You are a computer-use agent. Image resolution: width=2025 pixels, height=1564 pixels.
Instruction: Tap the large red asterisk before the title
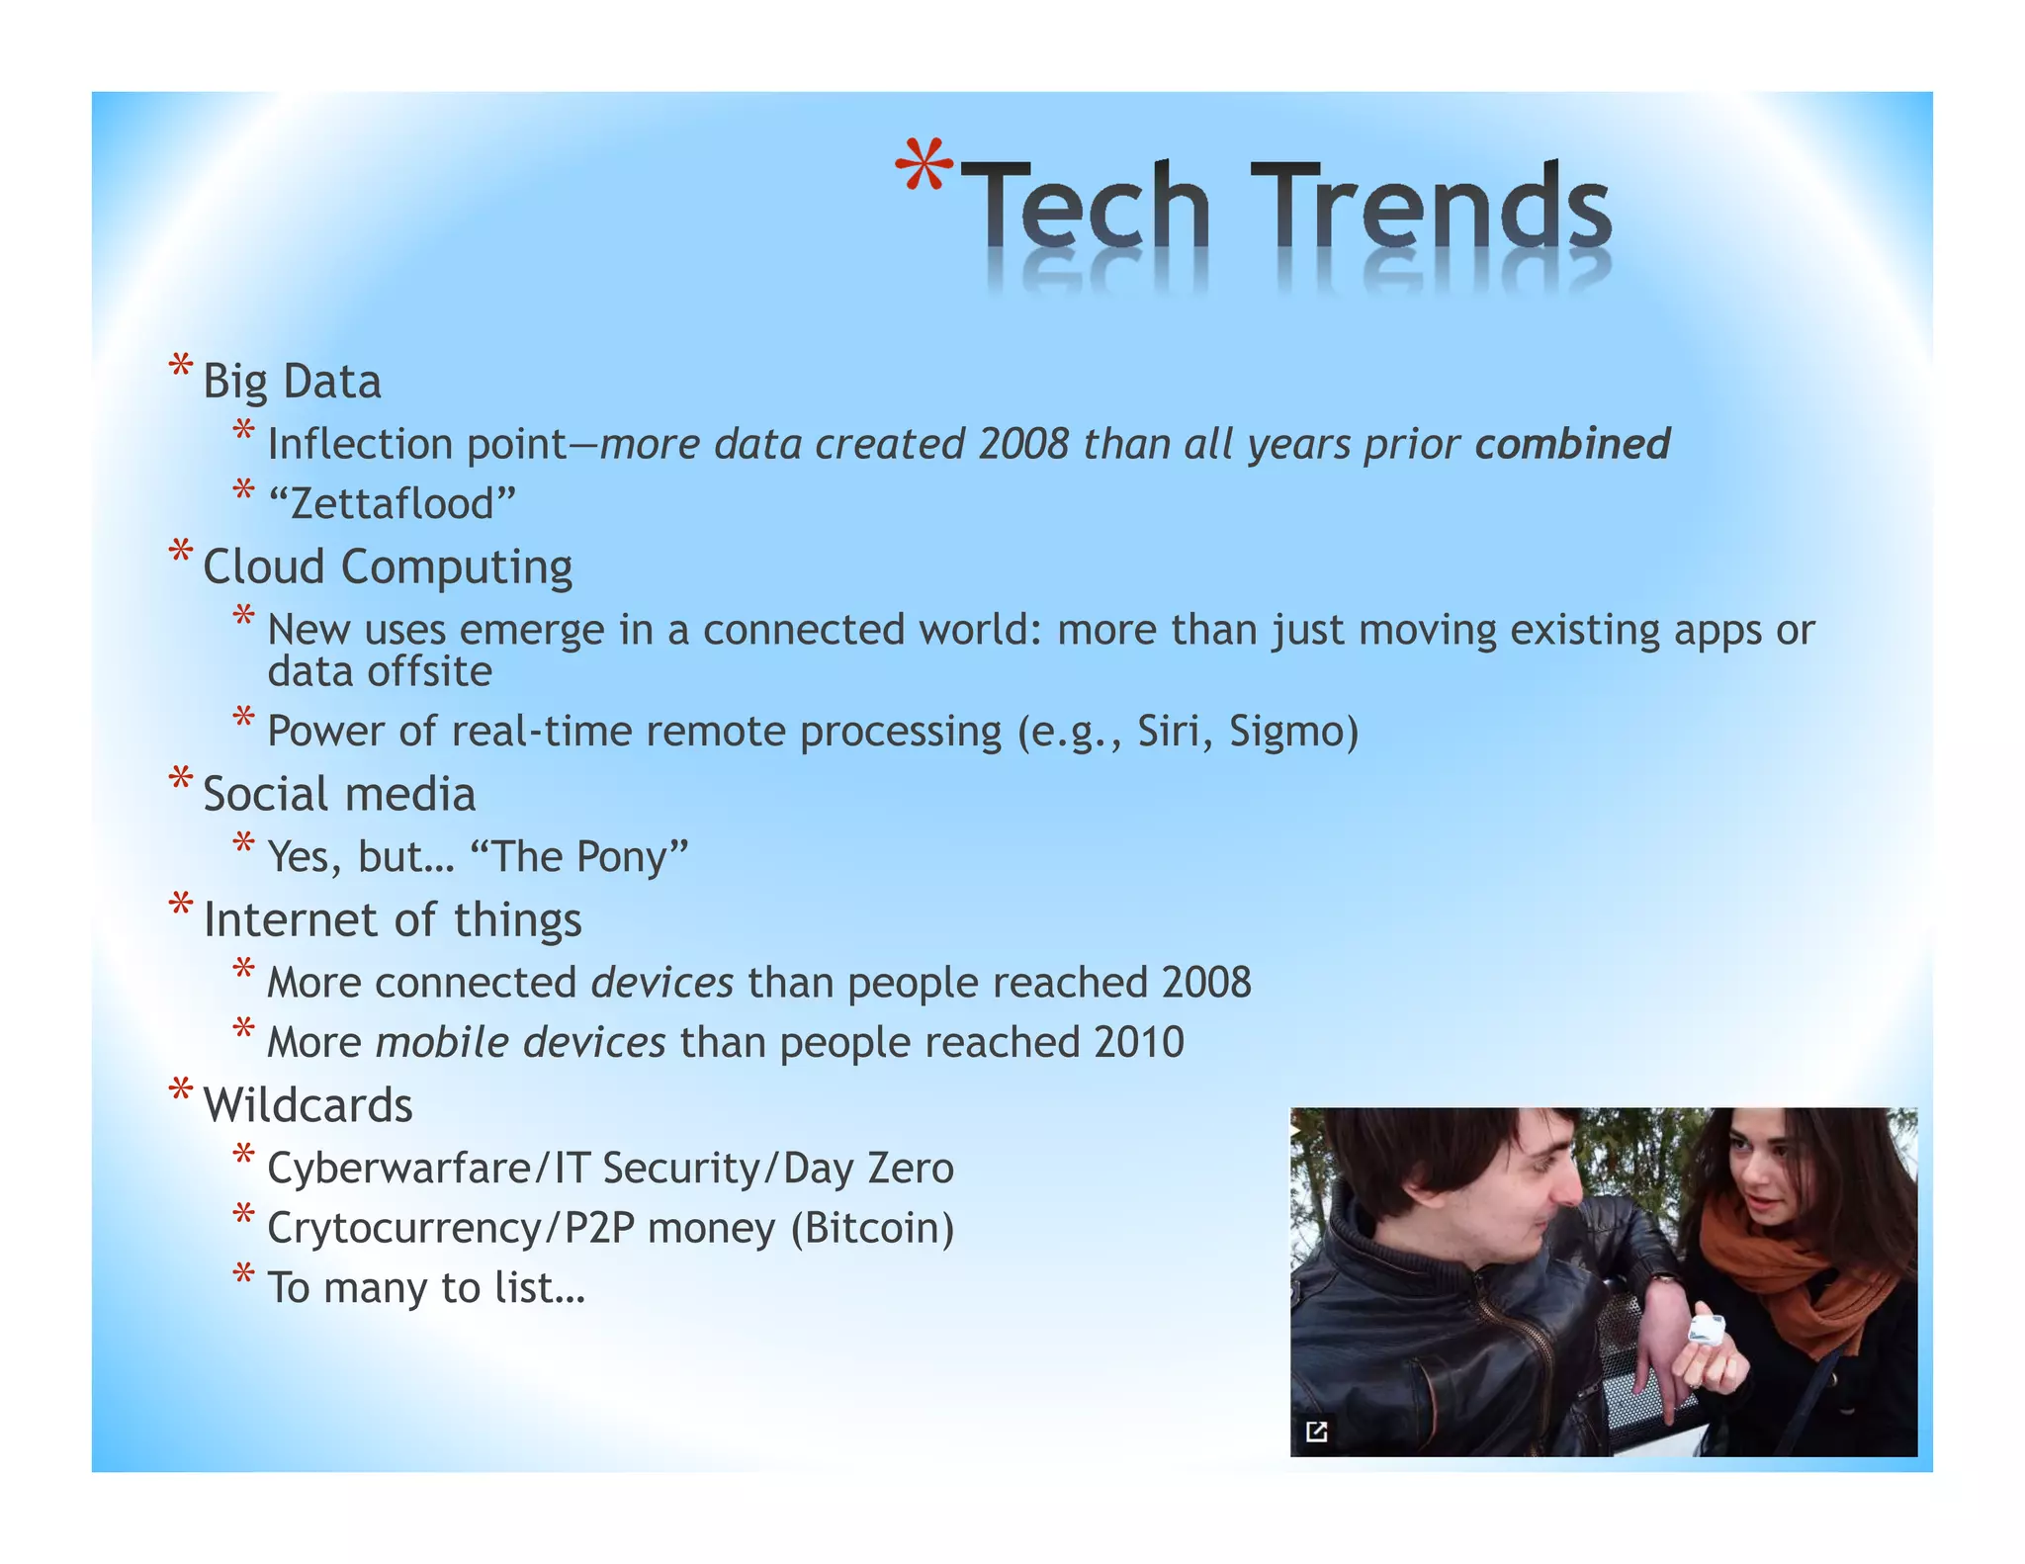tap(924, 166)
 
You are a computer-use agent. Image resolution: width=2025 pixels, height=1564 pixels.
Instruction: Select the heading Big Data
tap(292, 382)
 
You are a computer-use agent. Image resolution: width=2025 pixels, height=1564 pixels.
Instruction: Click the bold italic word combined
tap(1572, 444)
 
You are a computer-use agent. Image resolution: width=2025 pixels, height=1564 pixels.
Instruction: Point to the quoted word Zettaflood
tap(393, 504)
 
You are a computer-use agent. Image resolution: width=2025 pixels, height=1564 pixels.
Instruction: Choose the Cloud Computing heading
tap(388, 567)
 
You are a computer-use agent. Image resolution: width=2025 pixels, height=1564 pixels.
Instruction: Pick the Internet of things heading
tap(393, 920)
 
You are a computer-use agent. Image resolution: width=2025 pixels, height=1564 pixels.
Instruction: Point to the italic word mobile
tap(442, 1043)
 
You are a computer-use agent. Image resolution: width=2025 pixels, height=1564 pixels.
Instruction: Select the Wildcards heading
tap(308, 1105)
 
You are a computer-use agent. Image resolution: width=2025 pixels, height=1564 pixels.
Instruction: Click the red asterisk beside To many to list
tap(243, 1274)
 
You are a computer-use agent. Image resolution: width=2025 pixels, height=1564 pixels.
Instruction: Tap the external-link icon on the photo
tap(1316, 1432)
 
